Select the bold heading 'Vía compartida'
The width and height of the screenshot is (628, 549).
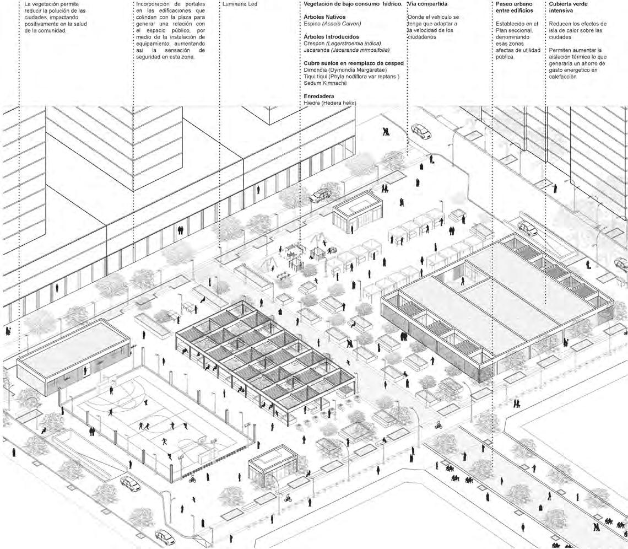(427, 4)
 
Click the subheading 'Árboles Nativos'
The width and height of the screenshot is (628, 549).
(324, 17)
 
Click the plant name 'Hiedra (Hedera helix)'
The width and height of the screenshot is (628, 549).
(330, 103)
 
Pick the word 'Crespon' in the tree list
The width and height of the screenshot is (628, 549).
(315, 43)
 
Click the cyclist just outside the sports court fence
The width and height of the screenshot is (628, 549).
(192, 480)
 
